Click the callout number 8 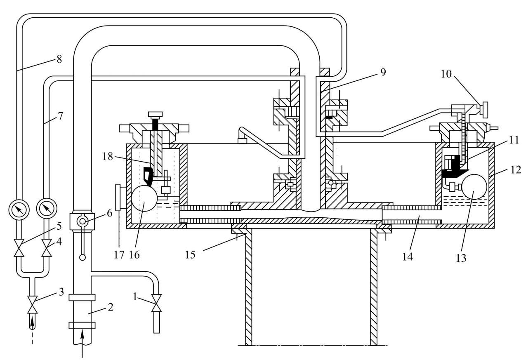click(x=59, y=59)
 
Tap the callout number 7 click(x=60, y=116)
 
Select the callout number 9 click(x=383, y=72)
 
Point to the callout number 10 click(x=446, y=74)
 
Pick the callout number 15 click(x=190, y=255)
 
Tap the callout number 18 click(x=108, y=156)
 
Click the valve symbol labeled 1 click(x=157, y=303)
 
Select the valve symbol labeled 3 click(x=32, y=305)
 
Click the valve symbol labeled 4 click(x=47, y=248)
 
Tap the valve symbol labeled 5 click(x=19, y=248)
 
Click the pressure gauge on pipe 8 click(x=19, y=209)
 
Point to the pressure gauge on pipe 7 click(x=47, y=209)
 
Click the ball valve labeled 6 click(x=82, y=221)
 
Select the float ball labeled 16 click(x=144, y=198)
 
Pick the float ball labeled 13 click(x=474, y=187)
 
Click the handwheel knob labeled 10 click(x=484, y=110)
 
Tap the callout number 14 click(x=408, y=256)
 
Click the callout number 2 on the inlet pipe click(x=111, y=307)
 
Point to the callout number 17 click(x=119, y=255)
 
